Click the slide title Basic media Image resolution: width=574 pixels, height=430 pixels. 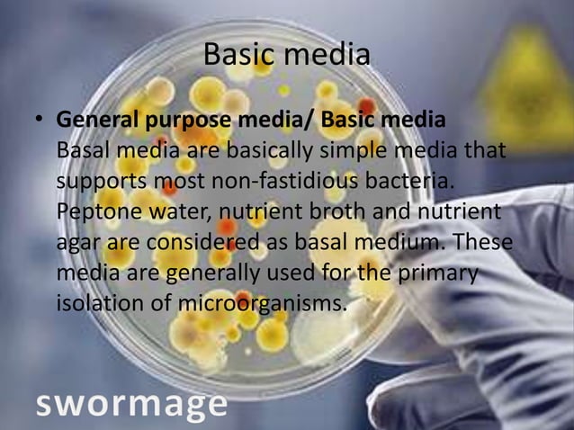pos(286,55)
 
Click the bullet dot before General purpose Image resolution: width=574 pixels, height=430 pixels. pos(40,121)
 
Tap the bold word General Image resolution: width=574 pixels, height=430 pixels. pos(94,120)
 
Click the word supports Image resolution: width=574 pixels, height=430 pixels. pos(99,184)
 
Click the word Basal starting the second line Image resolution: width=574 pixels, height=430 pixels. pos(84,151)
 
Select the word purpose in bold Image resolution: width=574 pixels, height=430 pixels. pos(179,121)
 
